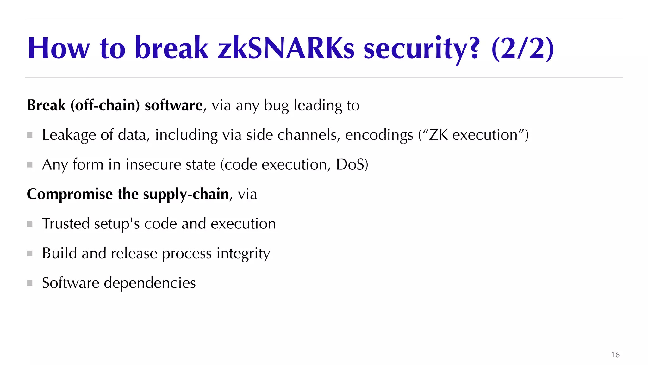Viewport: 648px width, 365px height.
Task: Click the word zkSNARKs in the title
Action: pos(286,48)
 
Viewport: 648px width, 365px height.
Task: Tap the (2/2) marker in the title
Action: pos(522,48)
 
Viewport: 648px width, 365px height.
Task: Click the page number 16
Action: pos(615,355)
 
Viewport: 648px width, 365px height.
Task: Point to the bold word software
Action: pos(173,105)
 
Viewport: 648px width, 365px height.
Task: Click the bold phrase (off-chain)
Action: pos(105,105)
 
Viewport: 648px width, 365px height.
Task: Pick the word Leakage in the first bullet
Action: pos(69,135)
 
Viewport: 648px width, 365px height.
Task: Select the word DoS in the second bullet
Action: pos(350,164)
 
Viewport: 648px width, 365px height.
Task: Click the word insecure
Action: pos(153,164)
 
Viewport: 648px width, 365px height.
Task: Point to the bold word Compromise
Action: pos(70,194)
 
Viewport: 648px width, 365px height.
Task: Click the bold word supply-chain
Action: pos(186,194)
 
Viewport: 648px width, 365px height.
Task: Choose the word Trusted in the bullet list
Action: pos(66,224)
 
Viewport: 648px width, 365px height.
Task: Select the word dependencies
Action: pos(150,283)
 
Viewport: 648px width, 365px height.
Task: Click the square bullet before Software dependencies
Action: pos(30,283)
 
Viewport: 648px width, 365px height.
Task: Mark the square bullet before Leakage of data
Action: pos(30,135)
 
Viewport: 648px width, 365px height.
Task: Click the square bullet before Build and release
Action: pos(30,253)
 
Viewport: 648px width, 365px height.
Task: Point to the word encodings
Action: pos(379,135)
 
